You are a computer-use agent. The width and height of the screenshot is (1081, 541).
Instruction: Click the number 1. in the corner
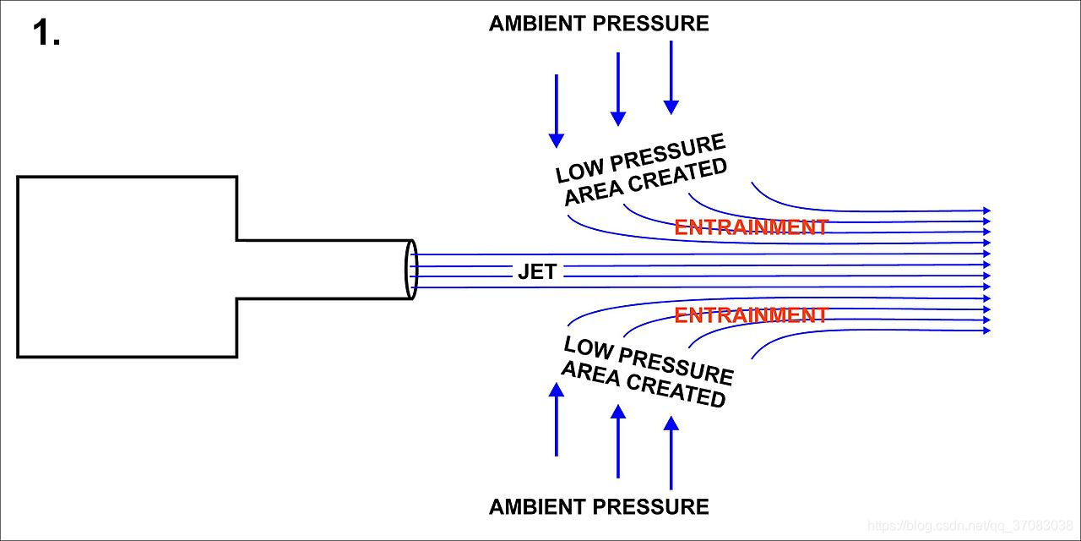(46, 35)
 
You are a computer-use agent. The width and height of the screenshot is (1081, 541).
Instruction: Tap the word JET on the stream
(537, 271)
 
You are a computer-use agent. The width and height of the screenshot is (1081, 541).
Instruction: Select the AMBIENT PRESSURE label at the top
(599, 24)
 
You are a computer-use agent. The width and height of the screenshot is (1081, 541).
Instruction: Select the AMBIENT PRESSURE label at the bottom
(599, 507)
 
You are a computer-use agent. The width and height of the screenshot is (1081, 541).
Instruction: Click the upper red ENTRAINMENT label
(751, 227)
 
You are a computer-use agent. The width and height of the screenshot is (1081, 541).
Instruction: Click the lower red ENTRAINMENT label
(751, 315)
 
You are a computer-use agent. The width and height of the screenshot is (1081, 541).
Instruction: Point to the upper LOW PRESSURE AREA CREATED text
(642, 170)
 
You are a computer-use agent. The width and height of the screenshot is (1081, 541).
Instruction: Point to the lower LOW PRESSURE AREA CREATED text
(646, 372)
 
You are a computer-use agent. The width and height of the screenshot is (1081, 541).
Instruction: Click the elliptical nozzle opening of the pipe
(411, 270)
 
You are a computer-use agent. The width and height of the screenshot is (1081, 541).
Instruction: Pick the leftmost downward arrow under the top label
(557, 110)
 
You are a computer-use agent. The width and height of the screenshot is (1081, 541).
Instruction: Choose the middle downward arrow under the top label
(618, 89)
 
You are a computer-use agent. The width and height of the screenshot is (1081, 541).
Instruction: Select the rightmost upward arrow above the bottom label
(671, 452)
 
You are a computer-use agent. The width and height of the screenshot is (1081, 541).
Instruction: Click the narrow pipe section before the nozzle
(321, 270)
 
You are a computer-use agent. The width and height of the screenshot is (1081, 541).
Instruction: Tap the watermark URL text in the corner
(970, 526)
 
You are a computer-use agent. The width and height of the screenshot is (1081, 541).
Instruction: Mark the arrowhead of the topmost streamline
(986, 210)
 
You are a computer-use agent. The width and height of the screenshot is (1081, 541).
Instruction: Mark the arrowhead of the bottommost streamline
(986, 331)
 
